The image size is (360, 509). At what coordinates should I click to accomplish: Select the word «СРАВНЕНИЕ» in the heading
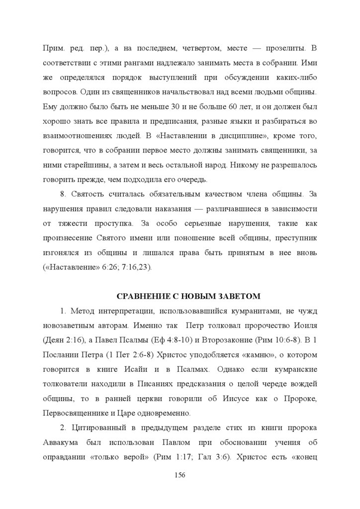(139, 296)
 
